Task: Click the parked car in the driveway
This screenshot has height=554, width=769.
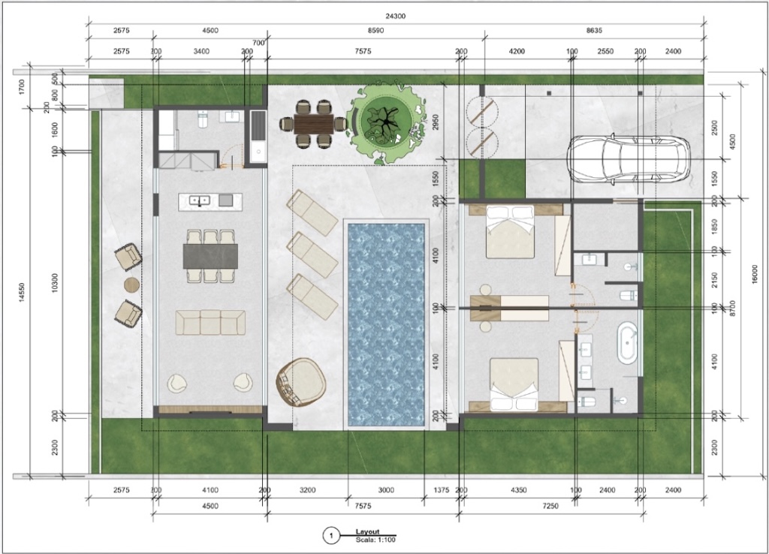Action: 629,159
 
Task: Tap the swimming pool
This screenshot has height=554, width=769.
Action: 386,323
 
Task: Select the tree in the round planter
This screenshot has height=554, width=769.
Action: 388,119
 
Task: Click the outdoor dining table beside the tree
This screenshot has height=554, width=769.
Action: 313,124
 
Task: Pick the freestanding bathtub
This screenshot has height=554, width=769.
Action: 627,343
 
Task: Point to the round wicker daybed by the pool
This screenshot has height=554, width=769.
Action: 301,381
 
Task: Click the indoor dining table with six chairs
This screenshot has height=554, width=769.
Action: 210,256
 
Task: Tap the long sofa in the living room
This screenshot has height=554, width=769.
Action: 210,322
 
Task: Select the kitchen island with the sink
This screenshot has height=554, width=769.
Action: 210,200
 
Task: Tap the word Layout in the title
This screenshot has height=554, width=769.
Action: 368,531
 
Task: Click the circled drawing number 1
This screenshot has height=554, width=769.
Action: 329,536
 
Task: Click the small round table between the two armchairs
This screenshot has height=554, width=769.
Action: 131,285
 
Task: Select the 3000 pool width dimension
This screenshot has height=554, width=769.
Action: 386,490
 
